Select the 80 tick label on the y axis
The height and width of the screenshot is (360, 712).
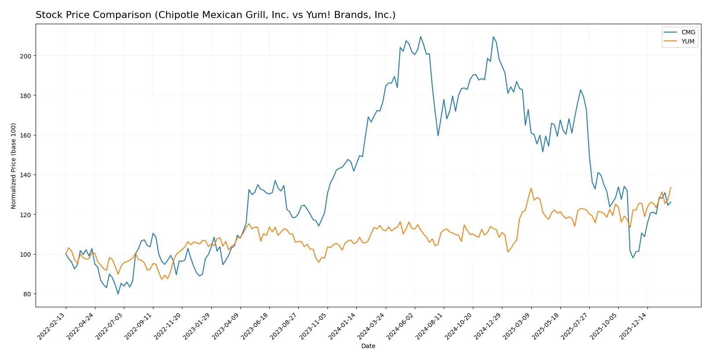point(27,294)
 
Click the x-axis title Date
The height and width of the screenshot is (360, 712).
point(368,346)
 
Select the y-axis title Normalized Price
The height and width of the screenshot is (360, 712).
point(14,166)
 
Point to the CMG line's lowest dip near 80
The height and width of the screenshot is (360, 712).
point(118,294)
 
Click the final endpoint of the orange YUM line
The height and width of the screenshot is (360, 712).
point(671,187)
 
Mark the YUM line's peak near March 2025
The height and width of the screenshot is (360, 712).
point(531,188)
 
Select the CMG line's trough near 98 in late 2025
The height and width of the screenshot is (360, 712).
point(633,258)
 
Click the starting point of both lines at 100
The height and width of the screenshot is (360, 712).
point(66,254)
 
